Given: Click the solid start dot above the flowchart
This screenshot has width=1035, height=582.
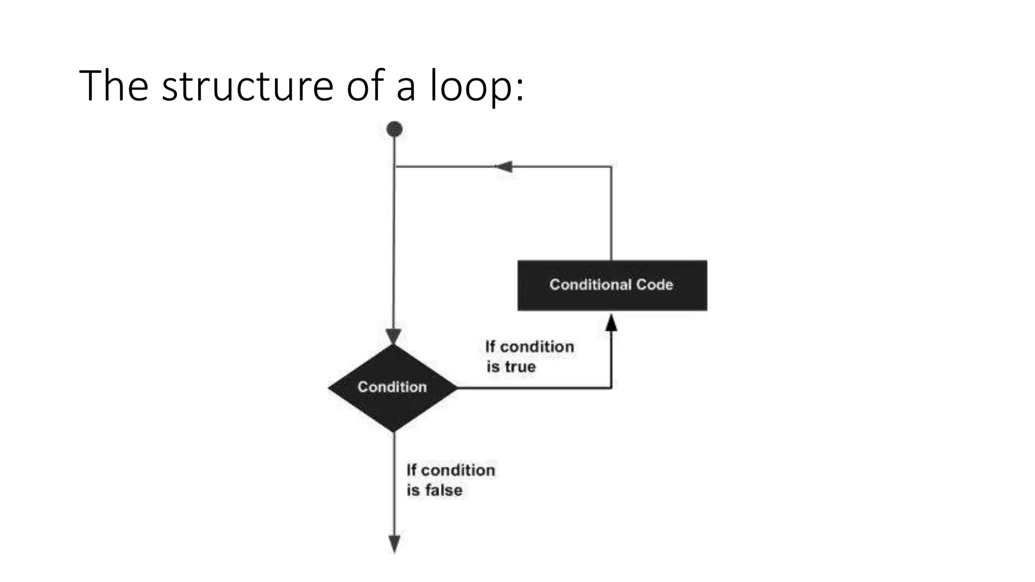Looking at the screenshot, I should coord(394,129).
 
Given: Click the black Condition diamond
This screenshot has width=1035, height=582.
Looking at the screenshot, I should coord(393,387).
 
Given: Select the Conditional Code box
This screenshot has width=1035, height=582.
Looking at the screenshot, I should coord(612,285).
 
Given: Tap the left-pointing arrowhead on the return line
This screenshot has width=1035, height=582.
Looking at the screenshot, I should coord(504,166).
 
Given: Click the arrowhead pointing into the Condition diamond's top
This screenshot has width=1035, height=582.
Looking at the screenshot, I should coord(393,336).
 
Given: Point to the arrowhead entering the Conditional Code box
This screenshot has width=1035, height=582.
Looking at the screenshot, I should coord(611,322).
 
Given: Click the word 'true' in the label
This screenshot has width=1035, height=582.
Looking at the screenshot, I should coord(520,367).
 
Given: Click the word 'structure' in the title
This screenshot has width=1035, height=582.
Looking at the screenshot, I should coord(247,86).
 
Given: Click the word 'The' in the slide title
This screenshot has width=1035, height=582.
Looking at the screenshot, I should coord(114,86).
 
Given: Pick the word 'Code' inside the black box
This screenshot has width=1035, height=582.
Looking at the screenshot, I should coord(654,284).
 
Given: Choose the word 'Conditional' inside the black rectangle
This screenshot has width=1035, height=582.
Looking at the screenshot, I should coord(590,284).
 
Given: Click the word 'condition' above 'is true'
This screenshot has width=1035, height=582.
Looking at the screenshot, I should coord(537,347).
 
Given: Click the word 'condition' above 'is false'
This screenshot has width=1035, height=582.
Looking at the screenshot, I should coord(458,470).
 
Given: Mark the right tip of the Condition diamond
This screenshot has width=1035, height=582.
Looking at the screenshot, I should coord(456,387).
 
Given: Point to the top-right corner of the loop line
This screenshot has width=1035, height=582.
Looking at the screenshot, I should coord(611,166).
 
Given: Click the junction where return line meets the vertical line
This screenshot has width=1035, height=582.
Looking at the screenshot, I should coord(395,166).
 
